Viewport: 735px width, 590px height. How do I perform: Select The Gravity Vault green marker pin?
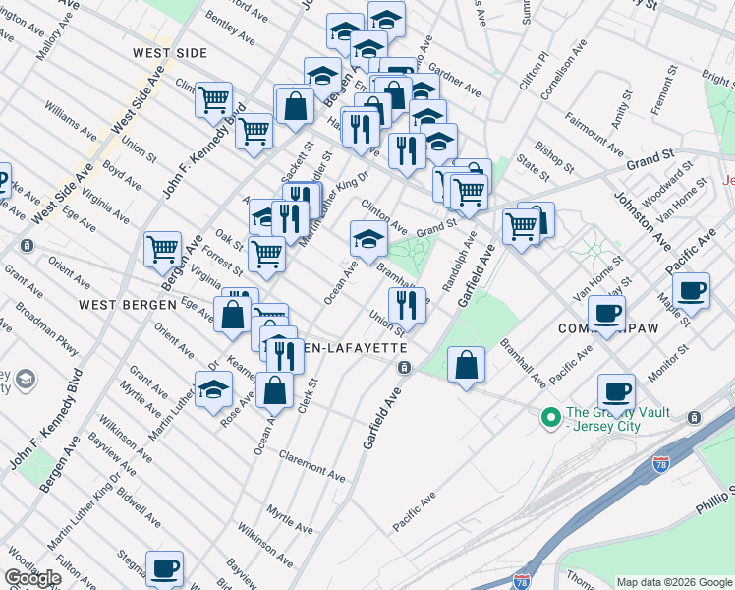[x=551, y=417]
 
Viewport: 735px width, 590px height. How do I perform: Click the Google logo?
[x=33, y=577]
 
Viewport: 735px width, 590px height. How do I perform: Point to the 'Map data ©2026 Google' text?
[x=673, y=581]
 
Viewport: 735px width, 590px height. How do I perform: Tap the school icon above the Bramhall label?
[x=368, y=238]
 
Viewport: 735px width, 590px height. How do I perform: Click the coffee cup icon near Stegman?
[x=164, y=568]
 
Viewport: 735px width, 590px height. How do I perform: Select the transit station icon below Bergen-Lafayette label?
[x=404, y=367]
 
